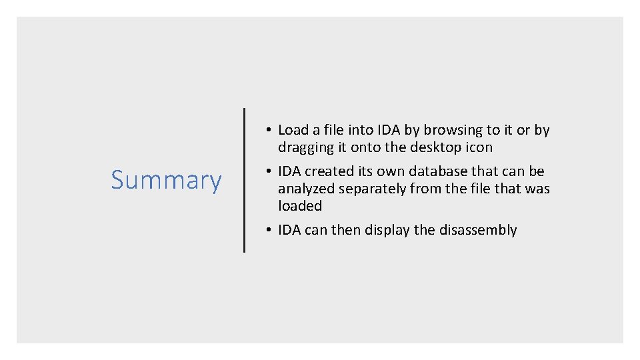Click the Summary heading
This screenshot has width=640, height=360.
[166, 181]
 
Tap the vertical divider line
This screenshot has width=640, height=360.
[244, 180]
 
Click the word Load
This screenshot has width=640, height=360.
[294, 130]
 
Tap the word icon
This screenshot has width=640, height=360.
[479, 147]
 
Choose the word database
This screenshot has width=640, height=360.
[435, 171]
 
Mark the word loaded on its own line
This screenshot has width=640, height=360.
[300, 206]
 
